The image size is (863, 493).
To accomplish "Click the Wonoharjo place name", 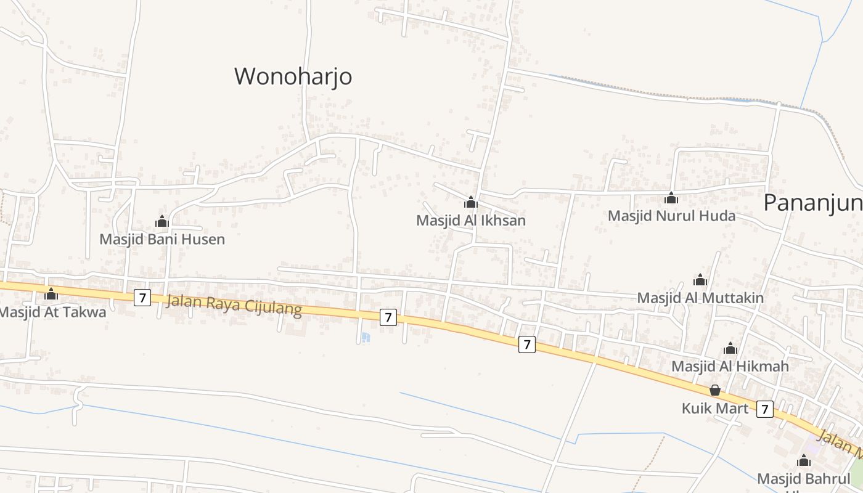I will (293, 76).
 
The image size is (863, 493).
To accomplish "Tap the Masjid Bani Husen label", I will (162, 239).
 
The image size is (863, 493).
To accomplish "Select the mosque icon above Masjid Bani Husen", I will (162, 221).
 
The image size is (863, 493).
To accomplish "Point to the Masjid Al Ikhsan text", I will (471, 221).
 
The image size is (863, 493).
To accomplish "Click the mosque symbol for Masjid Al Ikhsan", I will (471, 202).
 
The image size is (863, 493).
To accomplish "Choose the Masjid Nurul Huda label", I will (671, 216).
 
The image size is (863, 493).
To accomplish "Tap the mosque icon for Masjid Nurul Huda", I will (671, 198).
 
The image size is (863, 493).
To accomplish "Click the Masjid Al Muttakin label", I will (700, 298).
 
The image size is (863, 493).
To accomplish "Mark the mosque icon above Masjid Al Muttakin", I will (700, 280).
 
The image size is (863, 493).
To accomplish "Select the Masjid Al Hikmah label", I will (730, 367).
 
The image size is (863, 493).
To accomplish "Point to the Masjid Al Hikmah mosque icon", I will (730, 348).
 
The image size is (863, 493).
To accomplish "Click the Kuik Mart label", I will (715, 409).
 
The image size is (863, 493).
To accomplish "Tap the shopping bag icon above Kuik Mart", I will (715, 390).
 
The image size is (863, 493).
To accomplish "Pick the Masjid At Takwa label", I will (52, 312).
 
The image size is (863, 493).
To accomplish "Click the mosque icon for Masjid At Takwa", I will (51, 294).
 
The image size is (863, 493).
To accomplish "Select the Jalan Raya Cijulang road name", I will (234, 305).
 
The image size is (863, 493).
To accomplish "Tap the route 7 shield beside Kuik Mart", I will (764, 409).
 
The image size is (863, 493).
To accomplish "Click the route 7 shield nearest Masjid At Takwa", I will (142, 298).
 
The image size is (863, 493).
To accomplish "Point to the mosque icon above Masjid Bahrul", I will (803, 461).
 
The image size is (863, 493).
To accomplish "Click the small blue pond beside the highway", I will (366, 337).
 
